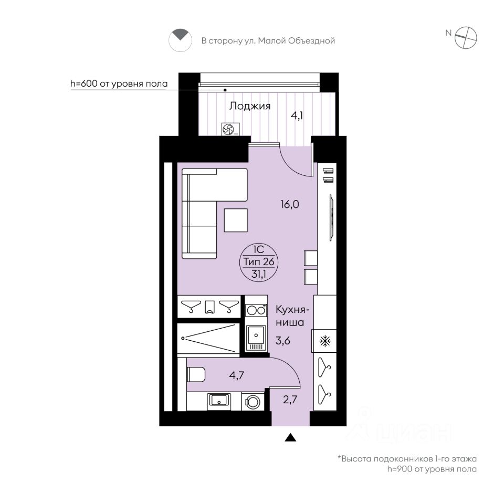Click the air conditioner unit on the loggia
(231, 130)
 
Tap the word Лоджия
(250, 107)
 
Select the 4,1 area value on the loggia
(297, 115)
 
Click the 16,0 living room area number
(290, 204)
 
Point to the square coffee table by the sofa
(236, 220)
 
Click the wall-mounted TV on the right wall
(331, 217)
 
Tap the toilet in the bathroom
(196, 375)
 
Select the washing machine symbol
(253, 402)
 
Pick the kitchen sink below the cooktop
(256, 338)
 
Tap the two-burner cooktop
(256, 310)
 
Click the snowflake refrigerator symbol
(325, 341)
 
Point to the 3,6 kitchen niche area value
(283, 340)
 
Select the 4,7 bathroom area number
(237, 375)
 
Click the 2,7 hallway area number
(290, 400)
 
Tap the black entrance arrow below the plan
(290, 437)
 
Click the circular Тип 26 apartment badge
(259, 261)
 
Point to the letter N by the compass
(448, 33)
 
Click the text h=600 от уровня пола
(119, 83)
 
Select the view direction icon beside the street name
(180, 40)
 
